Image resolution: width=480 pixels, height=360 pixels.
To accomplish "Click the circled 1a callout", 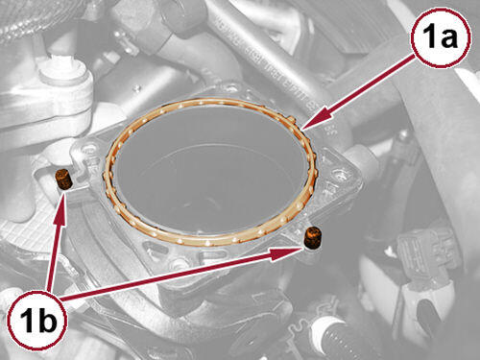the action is click(x=442, y=37).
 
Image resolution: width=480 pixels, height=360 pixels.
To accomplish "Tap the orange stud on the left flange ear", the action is click(x=63, y=180).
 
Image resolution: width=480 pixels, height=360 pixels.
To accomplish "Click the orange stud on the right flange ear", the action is click(x=313, y=237).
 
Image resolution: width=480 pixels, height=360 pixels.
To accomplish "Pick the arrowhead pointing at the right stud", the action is click(x=285, y=252).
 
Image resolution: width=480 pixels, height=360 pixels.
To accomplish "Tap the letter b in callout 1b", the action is click(x=46, y=319).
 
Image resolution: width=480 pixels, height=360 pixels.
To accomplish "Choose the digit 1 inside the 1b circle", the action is click(x=26, y=319).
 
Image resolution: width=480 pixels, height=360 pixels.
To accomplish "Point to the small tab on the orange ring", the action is click(x=291, y=120).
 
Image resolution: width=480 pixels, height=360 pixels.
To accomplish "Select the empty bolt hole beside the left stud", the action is click(x=87, y=149).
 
